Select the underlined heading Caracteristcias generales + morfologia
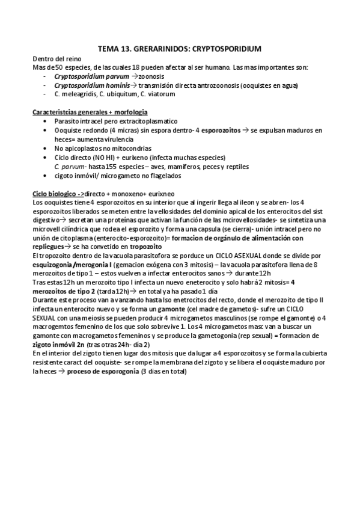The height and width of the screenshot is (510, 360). [x=90, y=112]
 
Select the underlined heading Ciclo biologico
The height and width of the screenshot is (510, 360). [x=55, y=194]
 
